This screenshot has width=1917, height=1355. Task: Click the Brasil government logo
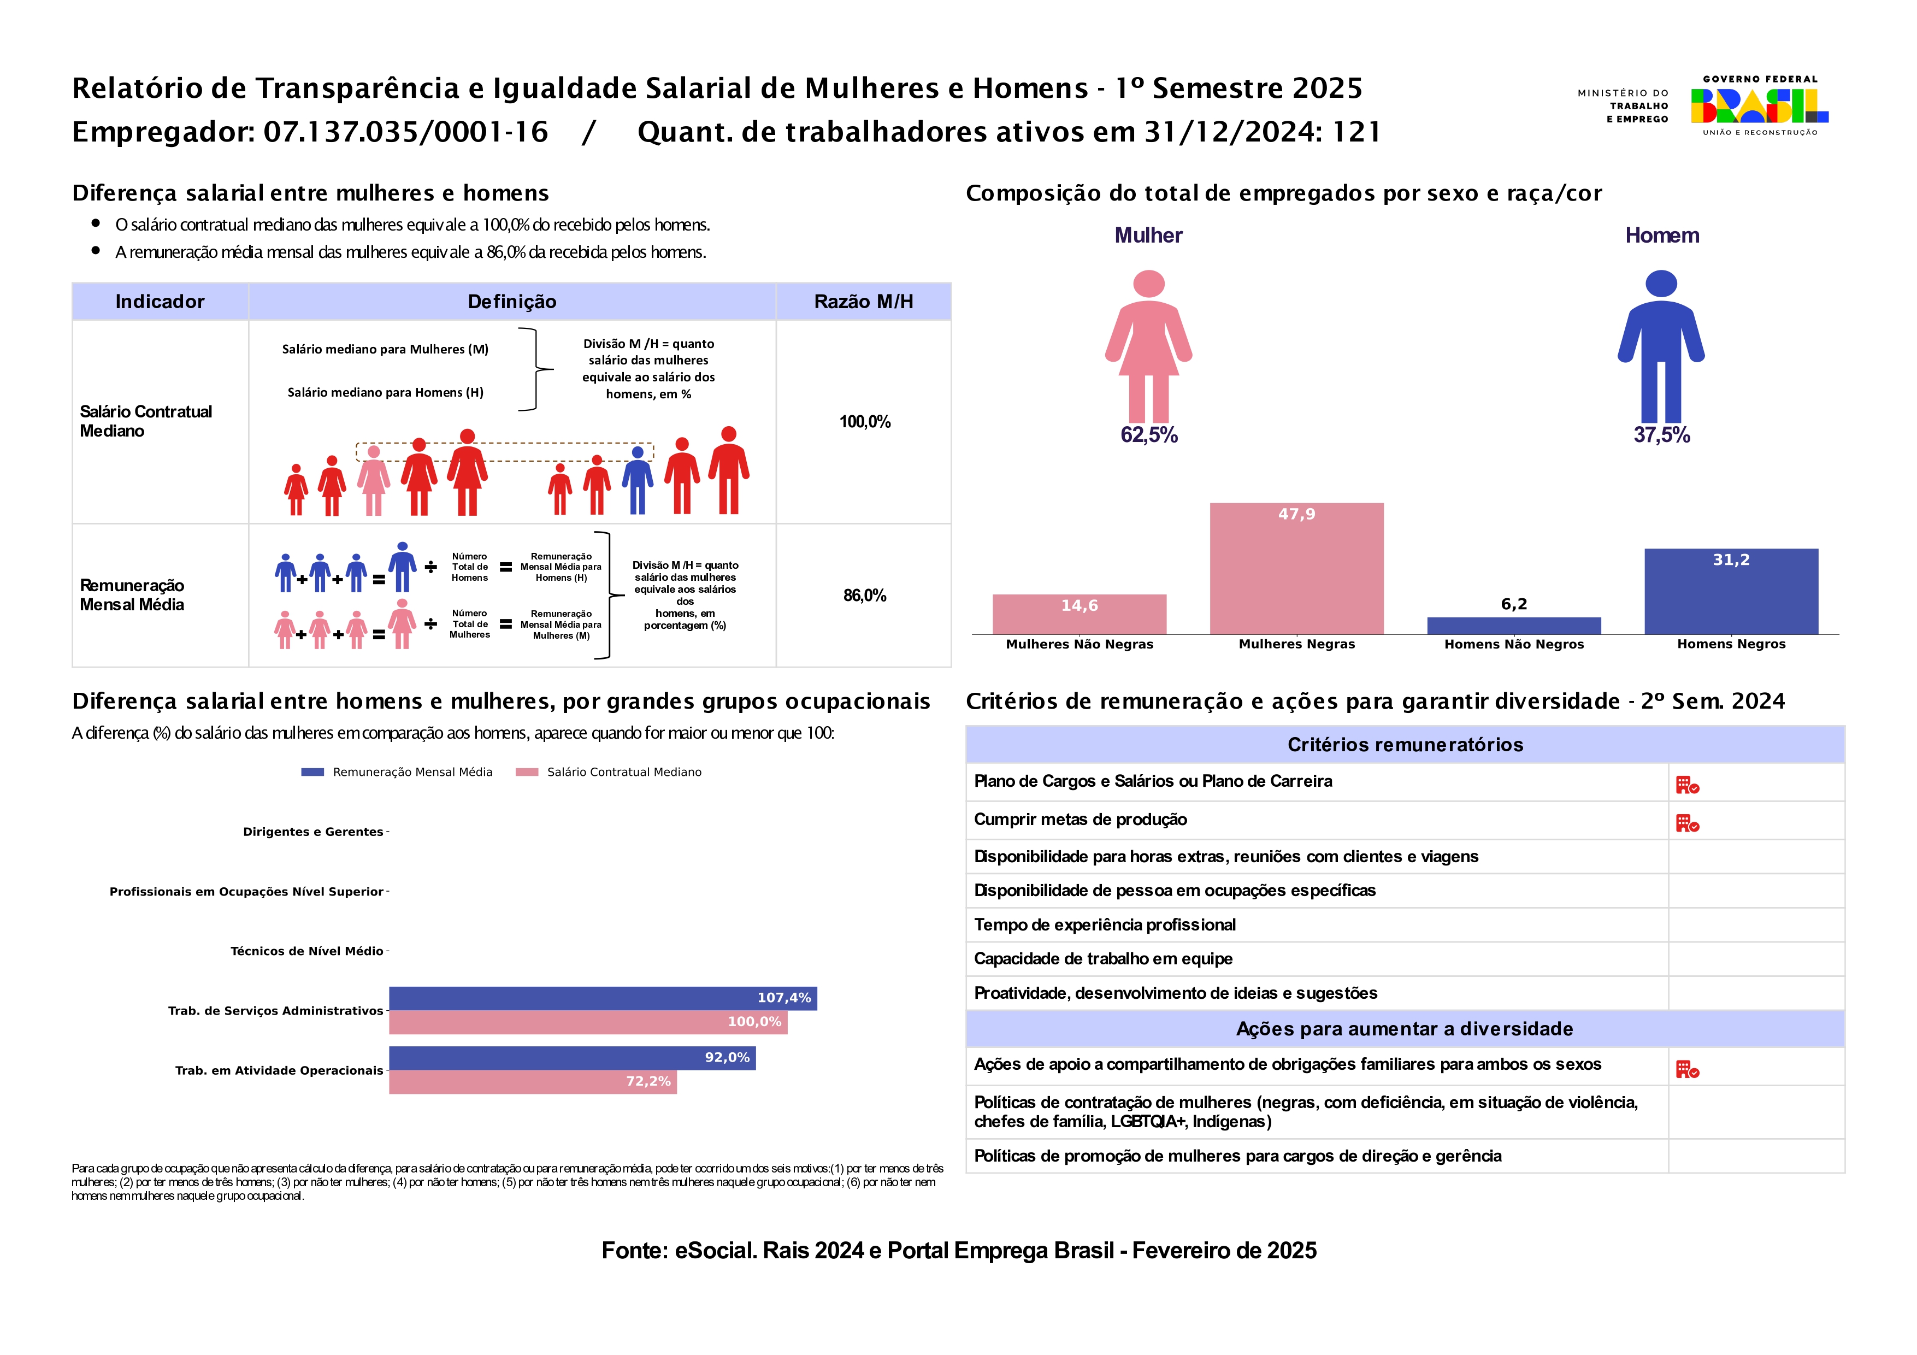pyautogui.click(x=1759, y=106)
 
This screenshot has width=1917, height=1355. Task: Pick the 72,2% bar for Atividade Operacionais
pyautogui.click(x=532, y=1081)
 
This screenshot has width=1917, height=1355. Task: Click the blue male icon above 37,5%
pyautogui.click(x=1661, y=346)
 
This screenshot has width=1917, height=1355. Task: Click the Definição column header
pyautogui.click(x=512, y=302)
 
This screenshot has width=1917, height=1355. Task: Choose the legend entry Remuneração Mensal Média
pyautogui.click(x=411, y=772)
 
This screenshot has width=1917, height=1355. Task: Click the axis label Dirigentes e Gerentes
pyautogui.click(x=313, y=832)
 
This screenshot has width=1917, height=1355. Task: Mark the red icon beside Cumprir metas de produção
pyautogui.click(x=1686, y=823)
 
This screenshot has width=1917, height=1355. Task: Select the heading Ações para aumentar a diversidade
pyautogui.click(x=1405, y=1029)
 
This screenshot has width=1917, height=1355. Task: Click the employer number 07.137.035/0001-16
pyautogui.click(x=406, y=132)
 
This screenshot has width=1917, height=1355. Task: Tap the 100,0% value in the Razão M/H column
pyautogui.click(x=864, y=422)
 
